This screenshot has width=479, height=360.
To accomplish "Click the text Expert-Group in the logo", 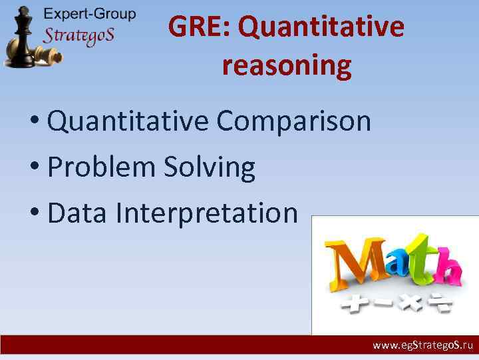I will (89, 13).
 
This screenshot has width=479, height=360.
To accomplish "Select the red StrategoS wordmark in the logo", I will (79, 35).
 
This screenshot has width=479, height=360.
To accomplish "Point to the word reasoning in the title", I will (287, 66).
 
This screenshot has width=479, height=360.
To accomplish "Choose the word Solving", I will (208, 167).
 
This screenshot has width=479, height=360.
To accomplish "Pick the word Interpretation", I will (206, 213).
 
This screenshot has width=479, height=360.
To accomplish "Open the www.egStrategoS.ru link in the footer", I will (422, 346).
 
